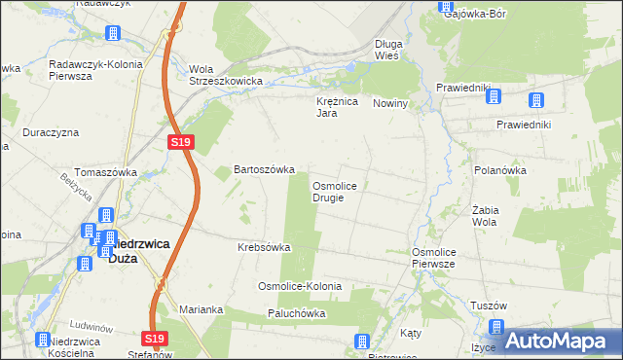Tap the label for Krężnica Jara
click(338, 107)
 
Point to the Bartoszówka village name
click(264, 169)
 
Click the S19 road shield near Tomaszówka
click(181, 142)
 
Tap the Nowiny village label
click(389, 102)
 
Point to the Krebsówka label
click(264, 247)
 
